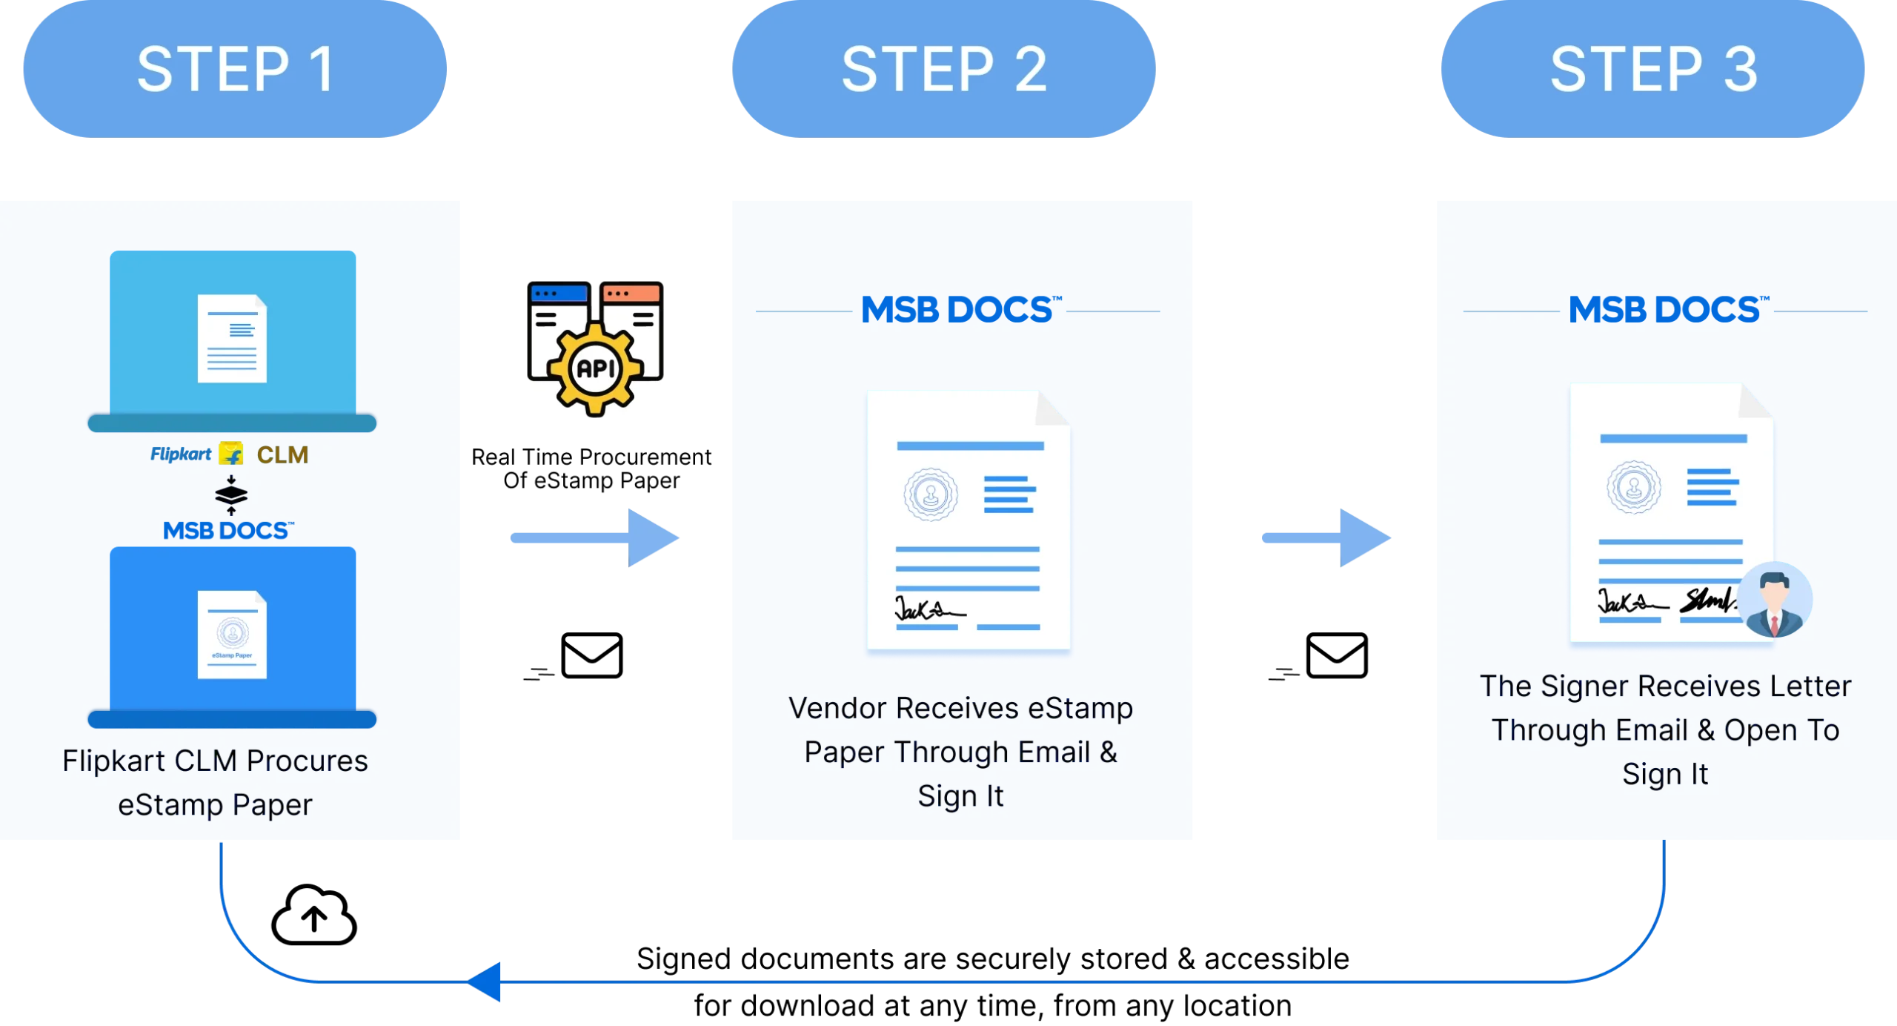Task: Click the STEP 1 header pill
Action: pyautogui.click(x=235, y=69)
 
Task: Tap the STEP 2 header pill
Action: pyautogui.click(x=943, y=69)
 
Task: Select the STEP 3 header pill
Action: pyautogui.click(x=1653, y=69)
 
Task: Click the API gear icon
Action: pyautogui.click(x=596, y=367)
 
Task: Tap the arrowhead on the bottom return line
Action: pyautogui.click(x=488, y=982)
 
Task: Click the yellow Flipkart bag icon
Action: pyautogui.click(x=231, y=454)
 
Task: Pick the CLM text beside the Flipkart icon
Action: pyautogui.click(x=282, y=454)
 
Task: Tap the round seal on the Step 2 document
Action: pyautogui.click(x=931, y=494)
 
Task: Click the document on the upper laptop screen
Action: pyautogui.click(x=232, y=339)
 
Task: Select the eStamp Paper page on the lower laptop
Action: pyautogui.click(x=232, y=635)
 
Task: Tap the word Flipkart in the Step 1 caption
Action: pyautogui.click(x=113, y=761)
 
